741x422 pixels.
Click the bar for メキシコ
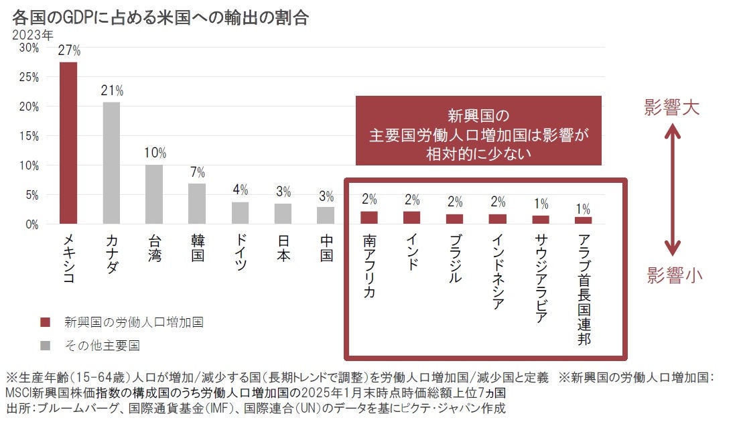(x=68, y=143)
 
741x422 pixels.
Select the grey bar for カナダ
(x=111, y=163)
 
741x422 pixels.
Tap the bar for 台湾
(x=154, y=194)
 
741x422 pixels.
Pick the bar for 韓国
(x=197, y=204)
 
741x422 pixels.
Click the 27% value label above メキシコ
(x=69, y=50)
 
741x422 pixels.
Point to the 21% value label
(x=112, y=90)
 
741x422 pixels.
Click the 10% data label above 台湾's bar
(x=155, y=153)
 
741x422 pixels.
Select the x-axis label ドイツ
(x=240, y=252)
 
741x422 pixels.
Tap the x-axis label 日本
(x=283, y=247)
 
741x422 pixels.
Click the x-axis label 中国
(x=326, y=247)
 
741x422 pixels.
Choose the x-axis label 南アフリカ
(x=369, y=266)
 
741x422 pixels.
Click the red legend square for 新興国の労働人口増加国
(x=45, y=322)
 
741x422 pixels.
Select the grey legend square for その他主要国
(x=45, y=346)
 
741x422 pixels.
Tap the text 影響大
(x=672, y=108)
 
